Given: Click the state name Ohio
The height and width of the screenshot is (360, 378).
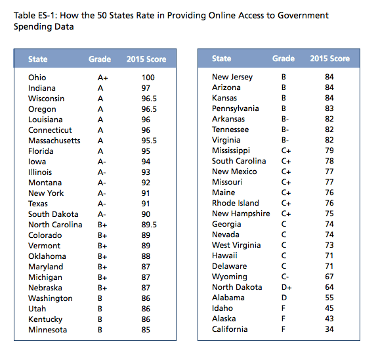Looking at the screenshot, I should click(37, 77).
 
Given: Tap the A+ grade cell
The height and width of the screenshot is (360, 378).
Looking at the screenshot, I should click(94, 77).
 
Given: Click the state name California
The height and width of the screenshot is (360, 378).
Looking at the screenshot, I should click(230, 329).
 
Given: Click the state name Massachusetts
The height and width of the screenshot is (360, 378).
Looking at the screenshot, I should click(54, 140).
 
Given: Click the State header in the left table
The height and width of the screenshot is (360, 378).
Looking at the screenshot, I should click(38, 59).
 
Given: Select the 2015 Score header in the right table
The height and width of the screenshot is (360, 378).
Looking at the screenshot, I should click(329, 59).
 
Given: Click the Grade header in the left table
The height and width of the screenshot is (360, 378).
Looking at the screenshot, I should click(100, 59).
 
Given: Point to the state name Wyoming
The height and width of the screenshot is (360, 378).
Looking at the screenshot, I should click(230, 277).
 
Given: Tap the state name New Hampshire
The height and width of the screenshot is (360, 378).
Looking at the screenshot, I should click(241, 214).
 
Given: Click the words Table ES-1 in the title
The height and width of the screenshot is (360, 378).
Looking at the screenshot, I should click(36, 14).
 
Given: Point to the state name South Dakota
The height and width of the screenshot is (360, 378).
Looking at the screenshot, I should click(53, 214).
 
